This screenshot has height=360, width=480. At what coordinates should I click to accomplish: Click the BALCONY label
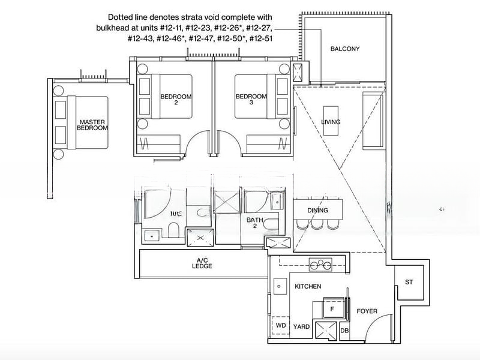coord(345,49)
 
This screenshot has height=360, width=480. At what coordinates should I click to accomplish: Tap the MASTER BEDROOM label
coord(93,125)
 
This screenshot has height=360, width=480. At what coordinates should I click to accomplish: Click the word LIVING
coord(331,122)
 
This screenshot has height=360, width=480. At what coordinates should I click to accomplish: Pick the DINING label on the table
coord(317,211)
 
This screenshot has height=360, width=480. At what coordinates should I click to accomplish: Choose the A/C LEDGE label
coord(203,263)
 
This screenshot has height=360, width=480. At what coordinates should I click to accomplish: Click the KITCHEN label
coord(308,287)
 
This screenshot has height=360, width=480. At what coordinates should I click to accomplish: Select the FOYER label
coord(367,311)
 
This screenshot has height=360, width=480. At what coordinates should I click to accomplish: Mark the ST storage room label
coord(409,282)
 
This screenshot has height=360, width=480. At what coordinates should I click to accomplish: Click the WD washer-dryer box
coord(280,325)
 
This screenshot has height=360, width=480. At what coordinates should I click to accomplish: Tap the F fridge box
coord(331,308)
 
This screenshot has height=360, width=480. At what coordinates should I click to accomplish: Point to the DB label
coord(344,331)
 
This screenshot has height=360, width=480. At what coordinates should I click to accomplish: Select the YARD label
coord(301,328)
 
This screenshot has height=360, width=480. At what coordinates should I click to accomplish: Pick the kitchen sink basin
coord(279,287)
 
